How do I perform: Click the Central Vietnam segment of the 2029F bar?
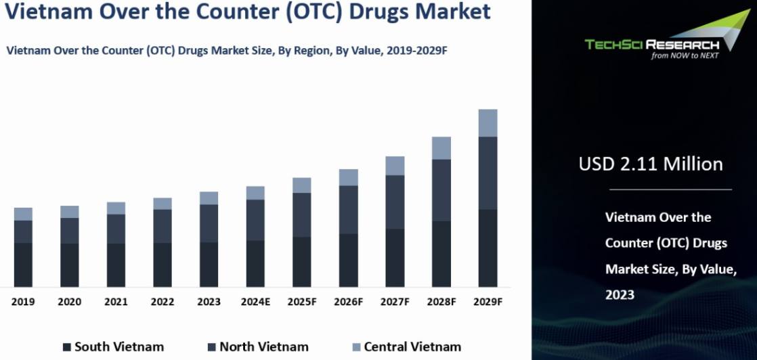(488, 123)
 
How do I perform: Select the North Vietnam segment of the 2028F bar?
(441, 190)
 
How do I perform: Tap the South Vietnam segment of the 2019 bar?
(23, 265)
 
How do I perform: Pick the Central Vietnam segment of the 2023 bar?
(209, 198)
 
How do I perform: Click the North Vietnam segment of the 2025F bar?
(302, 215)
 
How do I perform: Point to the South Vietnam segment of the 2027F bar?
(395, 258)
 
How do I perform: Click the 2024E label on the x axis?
(255, 302)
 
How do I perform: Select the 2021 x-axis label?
(116, 302)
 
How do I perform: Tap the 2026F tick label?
(349, 302)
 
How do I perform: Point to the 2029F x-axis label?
(488, 302)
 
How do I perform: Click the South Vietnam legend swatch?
(67, 347)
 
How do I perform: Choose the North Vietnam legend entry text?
(264, 346)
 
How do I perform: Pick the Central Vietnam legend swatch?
(356, 347)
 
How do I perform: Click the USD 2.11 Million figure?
(651, 164)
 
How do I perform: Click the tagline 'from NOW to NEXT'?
(685, 55)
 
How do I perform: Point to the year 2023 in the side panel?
(620, 294)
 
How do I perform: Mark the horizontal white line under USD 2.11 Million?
(670, 189)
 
